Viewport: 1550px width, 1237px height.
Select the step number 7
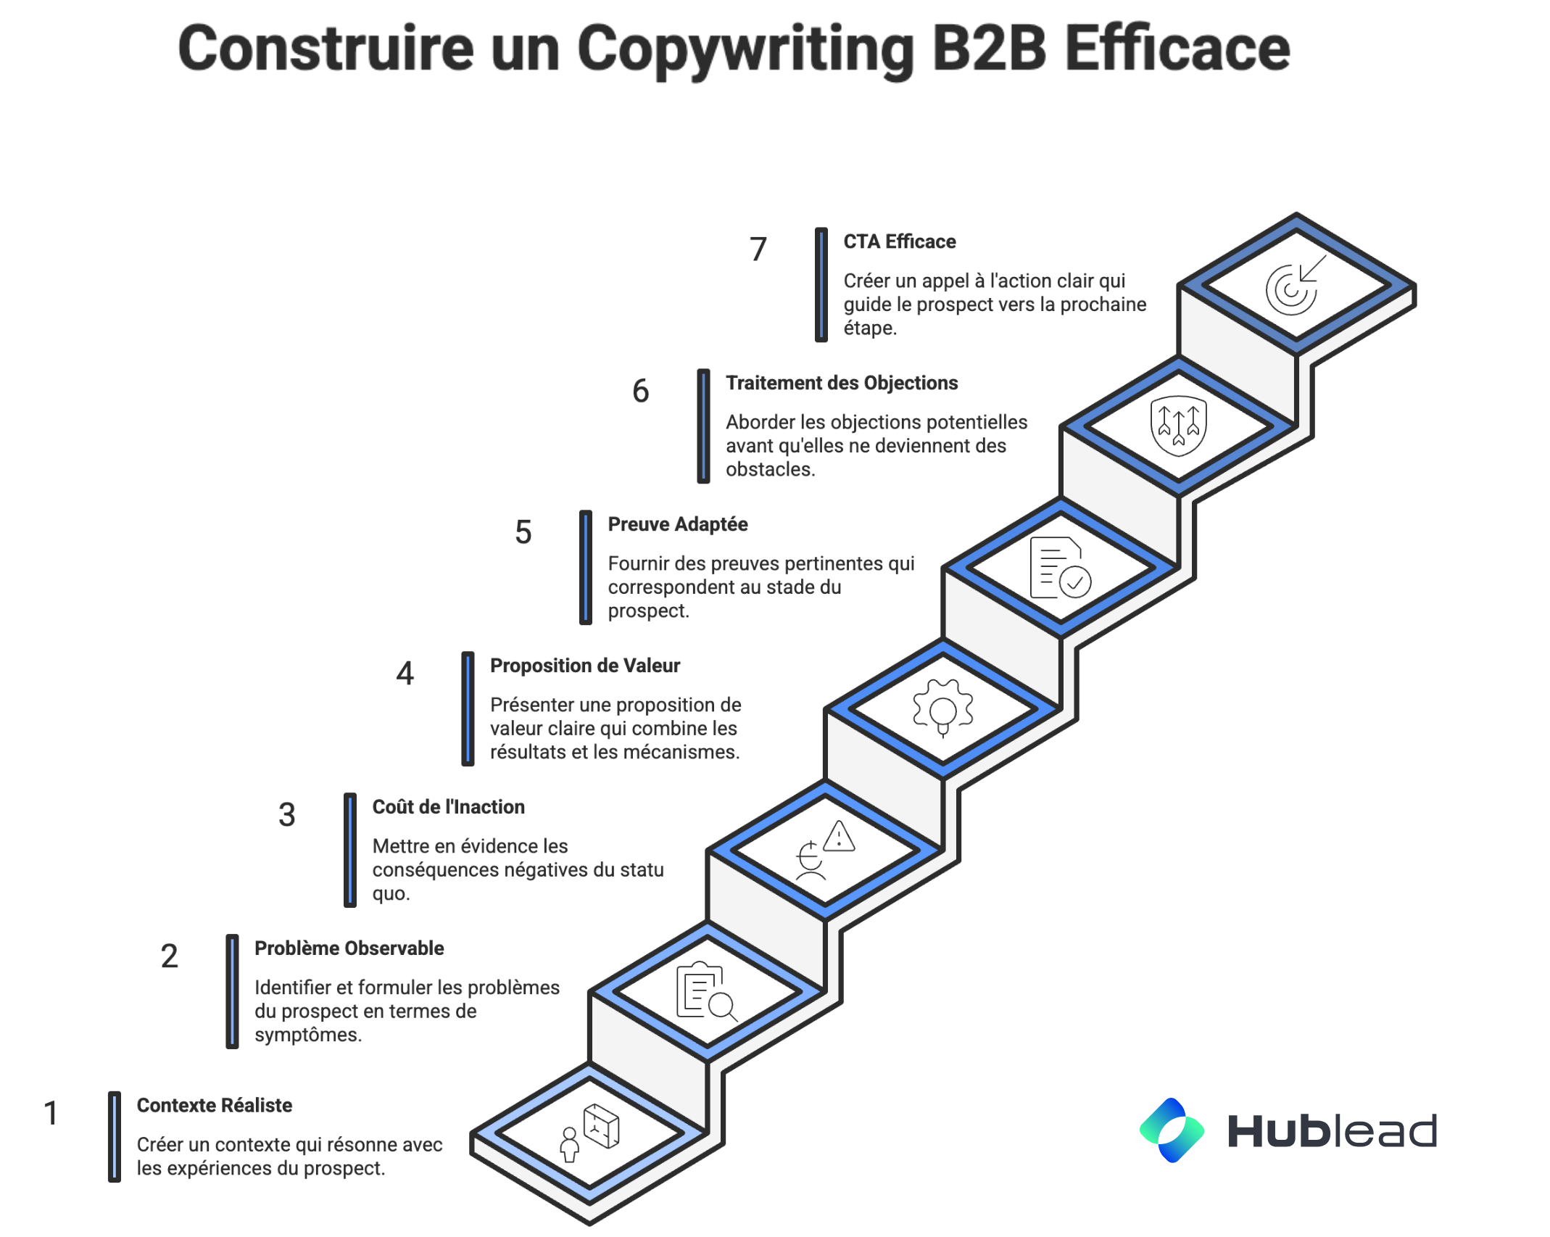758,249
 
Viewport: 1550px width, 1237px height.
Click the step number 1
51,1113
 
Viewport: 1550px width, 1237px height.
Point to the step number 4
405,674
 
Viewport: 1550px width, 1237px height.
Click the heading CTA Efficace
899,241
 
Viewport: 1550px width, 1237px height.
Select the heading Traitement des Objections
841,383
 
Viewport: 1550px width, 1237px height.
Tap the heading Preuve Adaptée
677,524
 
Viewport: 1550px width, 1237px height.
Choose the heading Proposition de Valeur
584,666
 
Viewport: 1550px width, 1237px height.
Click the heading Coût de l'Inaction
448,807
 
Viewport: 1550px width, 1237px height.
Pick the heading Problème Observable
349,948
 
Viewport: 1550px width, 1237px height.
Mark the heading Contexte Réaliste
214,1106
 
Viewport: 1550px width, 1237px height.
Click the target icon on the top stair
1295,286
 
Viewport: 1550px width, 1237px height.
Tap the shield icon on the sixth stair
1178,425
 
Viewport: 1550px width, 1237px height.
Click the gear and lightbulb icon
942,708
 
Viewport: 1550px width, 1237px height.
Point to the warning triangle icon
839,837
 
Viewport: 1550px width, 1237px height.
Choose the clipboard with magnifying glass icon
706,991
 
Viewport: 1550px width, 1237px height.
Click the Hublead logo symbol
1171,1130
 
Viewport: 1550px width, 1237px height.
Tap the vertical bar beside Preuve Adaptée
586,567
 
